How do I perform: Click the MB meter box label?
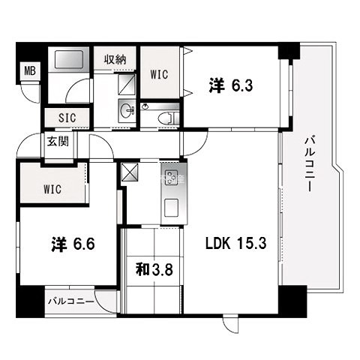click(x=30, y=71)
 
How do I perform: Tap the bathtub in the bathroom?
click(x=68, y=59)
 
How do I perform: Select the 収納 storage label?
click(x=115, y=60)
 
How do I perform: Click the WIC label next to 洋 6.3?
click(x=159, y=74)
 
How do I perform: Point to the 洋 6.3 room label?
click(x=231, y=85)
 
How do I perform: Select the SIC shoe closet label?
click(x=67, y=118)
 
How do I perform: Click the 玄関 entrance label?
click(x=58, y=142)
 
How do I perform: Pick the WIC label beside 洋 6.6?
click(x=52, y=189)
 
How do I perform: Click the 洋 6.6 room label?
click(x=73, y=244)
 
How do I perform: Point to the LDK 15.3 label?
click(x=235, y=243)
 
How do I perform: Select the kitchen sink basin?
click(x=171, y=208)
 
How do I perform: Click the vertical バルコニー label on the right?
click(x=309, y=164)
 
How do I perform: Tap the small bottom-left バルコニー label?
click(x=71, y=301)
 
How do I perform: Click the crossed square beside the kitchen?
click(x=129, y=172)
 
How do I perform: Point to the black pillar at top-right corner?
click(x=289, y=51)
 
